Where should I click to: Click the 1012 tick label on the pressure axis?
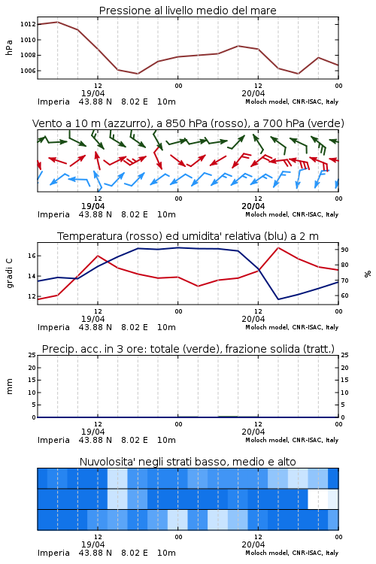[x=28, y=25]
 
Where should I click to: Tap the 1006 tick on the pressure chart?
[x=28, y=71]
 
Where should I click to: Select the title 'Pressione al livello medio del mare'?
[x=188, y=11]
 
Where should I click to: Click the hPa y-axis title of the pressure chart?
[x=9, y=47]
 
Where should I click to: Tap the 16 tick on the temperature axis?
[x=32, y=256]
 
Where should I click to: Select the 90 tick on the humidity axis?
[x=344, y=250]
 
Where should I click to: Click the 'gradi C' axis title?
[x=10, y=274]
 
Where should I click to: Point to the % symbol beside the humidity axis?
[x=368, y=274]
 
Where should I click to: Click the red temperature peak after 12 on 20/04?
[x=277, y=247]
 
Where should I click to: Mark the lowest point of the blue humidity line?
[x=277, y=299]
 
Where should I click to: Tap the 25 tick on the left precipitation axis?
[x=32, y=355]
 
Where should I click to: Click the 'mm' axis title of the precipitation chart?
[x=10, y=387]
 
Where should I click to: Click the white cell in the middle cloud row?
[x=318, y=499]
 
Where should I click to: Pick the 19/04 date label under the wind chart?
[x=92, y=207]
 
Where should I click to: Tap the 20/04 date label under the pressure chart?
[x=253, y=93]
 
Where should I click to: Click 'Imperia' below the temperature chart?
[x=53, y=328]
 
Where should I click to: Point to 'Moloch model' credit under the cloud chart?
[x=266, y=553]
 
